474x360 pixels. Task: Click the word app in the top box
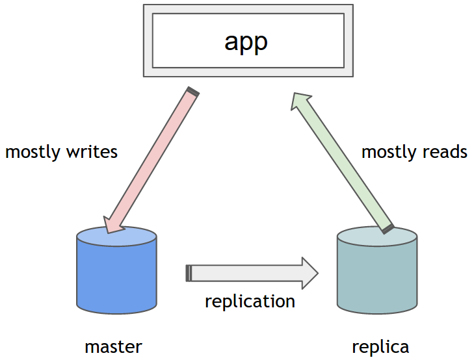tap(246, 41)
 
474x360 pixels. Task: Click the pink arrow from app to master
tap(153, 159)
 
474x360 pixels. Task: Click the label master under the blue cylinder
tap(113, 346)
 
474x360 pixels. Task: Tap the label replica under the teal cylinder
tap(380, 346)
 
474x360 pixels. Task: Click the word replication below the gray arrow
tap(250, 302)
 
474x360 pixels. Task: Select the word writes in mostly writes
tap(92, 152)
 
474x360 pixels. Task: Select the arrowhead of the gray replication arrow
tap(308, 273)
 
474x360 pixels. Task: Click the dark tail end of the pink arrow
tap(192, 92)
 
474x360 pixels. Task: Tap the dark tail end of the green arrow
tap(388, 228)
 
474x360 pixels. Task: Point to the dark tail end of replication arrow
tap(189, 273)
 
